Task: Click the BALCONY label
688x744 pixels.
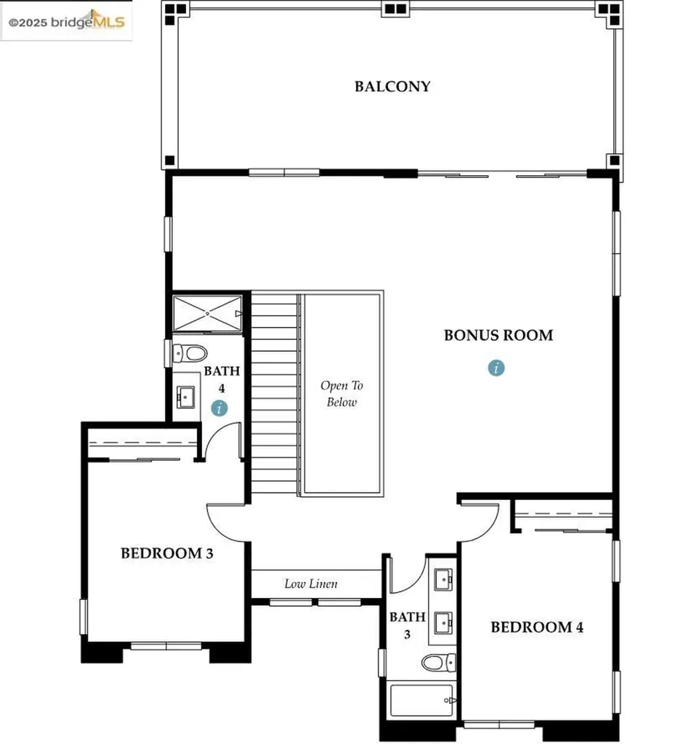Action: tap(392, 86)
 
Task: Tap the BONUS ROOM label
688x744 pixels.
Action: tap(498, 335)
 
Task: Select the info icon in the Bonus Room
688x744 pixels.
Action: tap(496, 368)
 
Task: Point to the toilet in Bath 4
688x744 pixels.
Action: tap(190, 354)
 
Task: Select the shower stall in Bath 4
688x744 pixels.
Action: tap(208, 313)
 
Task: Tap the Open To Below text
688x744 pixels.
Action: tap(341, 394)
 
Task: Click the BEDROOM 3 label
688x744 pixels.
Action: tap(166, 554)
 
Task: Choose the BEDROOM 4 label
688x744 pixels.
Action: tap(537, 627)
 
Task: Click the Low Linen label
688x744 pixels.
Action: tap(310, 583)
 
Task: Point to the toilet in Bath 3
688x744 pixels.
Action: tap(439, 663)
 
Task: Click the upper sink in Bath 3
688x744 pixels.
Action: tap(442, 579)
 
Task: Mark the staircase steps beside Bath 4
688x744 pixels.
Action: tap(275, 392)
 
